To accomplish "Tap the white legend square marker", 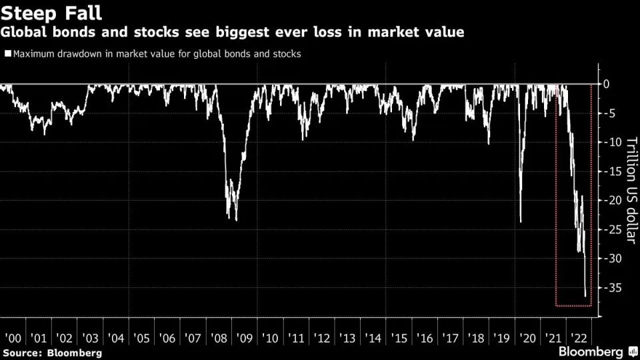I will coord(7,54).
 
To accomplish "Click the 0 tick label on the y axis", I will coord(607,84).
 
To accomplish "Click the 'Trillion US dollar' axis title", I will coord(631,189).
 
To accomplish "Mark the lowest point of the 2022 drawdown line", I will coord(585,295).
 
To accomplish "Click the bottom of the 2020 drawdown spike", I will coord(521,221).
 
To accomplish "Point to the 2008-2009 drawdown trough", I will coord(236,220).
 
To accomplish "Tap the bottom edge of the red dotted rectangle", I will coord(573,306).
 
